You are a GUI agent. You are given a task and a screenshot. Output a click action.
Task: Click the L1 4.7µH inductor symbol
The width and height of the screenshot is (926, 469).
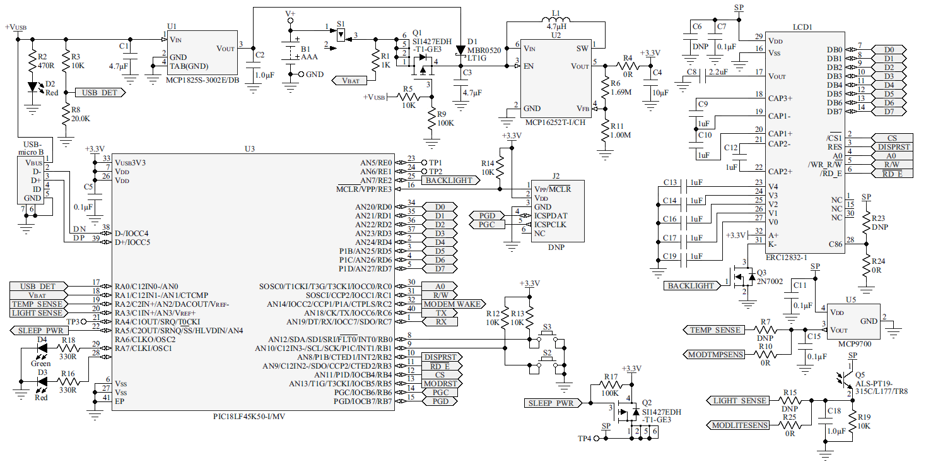click(554, 17)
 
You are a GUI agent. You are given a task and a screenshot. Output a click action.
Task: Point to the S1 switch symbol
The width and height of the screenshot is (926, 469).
click(341, 36)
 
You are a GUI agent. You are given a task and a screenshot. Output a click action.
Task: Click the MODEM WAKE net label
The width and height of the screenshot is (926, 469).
click(452, 304)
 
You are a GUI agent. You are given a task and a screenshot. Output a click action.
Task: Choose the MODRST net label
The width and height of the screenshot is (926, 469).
click(440, 383)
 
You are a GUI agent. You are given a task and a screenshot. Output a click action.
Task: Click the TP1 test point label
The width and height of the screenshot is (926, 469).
click(435, 162)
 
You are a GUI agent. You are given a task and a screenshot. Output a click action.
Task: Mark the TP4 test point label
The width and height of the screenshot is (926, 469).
click(585, 438)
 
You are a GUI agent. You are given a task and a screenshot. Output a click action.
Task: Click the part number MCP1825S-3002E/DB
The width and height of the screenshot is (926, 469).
click(202, 80)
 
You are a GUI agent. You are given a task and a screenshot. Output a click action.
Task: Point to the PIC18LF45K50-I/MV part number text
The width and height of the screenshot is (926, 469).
click(254, 417)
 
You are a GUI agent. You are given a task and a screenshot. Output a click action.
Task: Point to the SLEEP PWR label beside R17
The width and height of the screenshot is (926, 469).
click(549, 403)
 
